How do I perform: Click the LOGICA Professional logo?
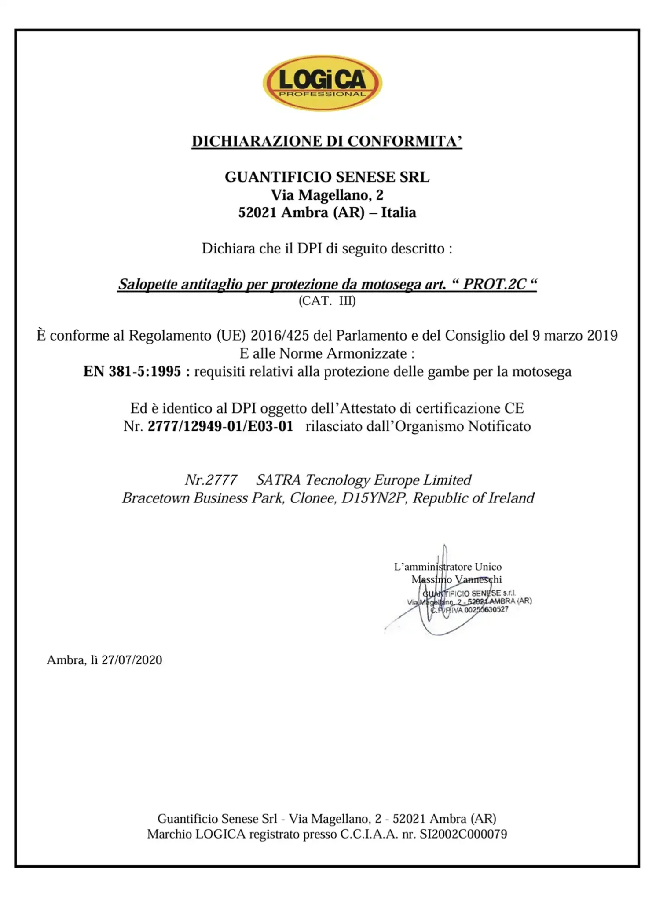coord(322,83)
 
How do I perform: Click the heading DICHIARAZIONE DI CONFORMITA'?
coord(326,141)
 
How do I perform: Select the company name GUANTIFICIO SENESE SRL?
coord(327,177)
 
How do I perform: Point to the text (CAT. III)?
coord(327,301)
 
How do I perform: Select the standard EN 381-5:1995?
coord(132,372)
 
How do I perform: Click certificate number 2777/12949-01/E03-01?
coord(220,426)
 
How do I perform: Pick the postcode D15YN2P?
coord(373,498)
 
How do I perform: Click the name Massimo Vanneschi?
coord(456,579)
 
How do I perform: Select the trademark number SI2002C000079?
coord(463,834)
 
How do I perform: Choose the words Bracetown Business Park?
coord(203,498)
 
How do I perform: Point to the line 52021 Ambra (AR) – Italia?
coord(327,213)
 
